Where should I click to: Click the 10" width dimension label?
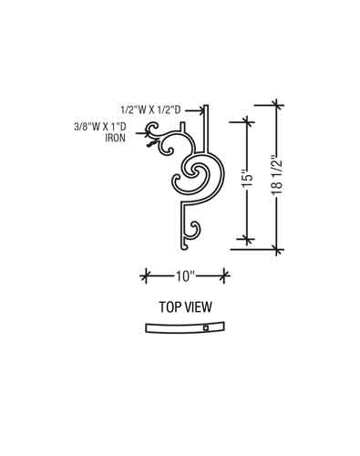pyautogui.click(x=185, y=276)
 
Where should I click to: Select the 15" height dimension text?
pyautogui.click(x=249, y=181)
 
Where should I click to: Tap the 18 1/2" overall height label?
pyautogui.click(x=277, y=177)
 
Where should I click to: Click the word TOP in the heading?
pyautogui.click(x=169, y=307)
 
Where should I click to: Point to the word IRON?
pyautogui.click(x=115, y=138)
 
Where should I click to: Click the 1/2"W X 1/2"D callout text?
pyautogui.click(x=150, y=109)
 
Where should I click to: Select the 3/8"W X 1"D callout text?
pyautogui.click(x=100, y=127)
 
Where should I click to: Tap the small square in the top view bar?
pyautogui.click(x=206, y=328)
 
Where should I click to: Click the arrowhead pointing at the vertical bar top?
pyautogui.click(x=201, y=110)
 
